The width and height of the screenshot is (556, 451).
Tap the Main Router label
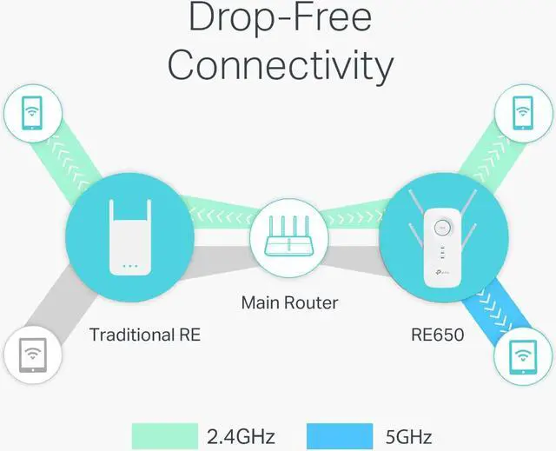pyautogui.click(x=289, y=303)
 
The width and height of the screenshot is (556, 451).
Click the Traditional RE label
pyautogui.click(x=144, y=334)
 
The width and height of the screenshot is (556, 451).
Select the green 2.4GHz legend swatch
pyautogui.click(x=166, y=435)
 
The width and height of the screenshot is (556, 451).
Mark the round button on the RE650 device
pyautogui.click(x=441, y=229)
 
